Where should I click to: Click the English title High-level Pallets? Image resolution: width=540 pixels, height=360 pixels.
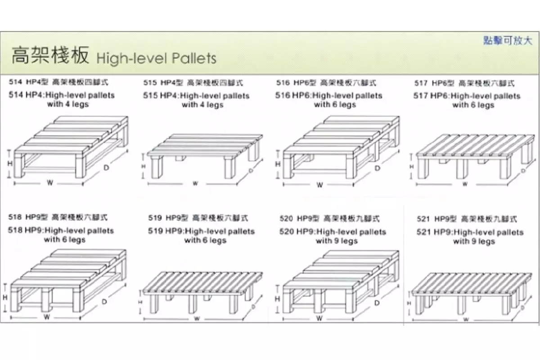156,58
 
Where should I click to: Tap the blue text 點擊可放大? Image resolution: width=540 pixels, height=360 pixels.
507,40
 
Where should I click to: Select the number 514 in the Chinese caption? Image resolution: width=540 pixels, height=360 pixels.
15,82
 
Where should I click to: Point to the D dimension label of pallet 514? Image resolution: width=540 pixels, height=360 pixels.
106,167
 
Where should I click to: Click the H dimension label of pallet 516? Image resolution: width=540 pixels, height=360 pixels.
278,164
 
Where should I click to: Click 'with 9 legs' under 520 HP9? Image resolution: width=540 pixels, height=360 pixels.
336,241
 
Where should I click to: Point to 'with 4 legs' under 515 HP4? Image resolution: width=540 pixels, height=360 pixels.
202,105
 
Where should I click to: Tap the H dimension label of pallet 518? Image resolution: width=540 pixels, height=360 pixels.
6,298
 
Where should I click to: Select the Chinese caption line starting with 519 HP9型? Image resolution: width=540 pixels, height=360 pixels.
198,218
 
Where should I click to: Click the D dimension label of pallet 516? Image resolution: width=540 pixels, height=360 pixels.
377,167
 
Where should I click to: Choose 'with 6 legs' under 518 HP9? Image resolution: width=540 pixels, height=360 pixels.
64,240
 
